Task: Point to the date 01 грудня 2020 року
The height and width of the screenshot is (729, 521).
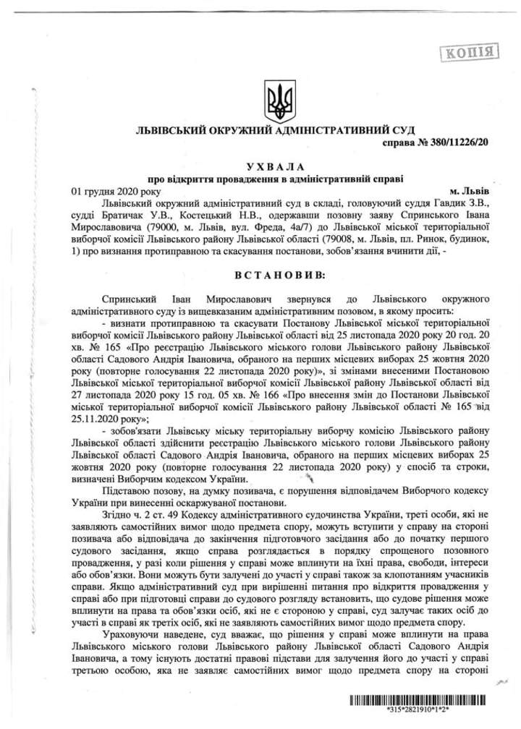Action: point(114,190)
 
